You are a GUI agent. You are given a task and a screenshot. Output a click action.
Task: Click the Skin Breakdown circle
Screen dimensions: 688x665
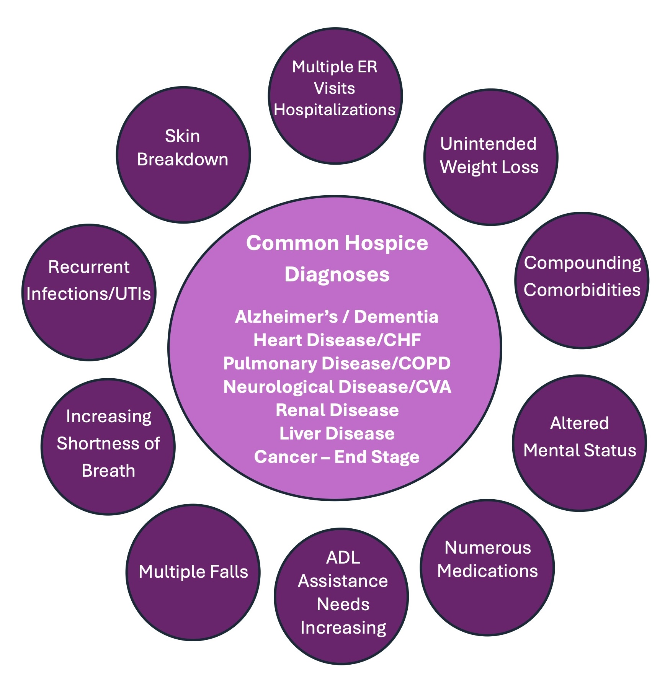tap(183, 155)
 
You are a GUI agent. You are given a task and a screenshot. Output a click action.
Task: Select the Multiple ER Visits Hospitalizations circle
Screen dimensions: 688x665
tap(335, 96)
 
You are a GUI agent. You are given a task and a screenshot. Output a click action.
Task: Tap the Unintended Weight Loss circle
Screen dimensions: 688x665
tap(490, 157)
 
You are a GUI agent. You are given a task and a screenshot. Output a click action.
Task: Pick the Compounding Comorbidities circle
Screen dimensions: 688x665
tap(582, 280)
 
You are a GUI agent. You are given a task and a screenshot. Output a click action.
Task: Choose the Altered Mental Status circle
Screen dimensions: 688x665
tap(579, 443)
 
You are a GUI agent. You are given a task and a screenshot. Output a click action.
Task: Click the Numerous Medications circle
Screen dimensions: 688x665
tap(487, 567)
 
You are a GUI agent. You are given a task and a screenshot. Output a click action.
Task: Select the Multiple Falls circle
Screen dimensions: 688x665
tap(193, 572)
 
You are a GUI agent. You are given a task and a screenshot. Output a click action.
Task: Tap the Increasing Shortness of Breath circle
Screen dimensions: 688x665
tap(108, 446)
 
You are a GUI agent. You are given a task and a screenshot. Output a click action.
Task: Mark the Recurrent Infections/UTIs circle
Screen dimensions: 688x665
tap(89, 292)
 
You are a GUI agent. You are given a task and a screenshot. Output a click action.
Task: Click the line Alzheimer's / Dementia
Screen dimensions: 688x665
tap(337, 317)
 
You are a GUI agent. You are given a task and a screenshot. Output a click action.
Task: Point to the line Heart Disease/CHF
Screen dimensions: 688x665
tap(337, 340)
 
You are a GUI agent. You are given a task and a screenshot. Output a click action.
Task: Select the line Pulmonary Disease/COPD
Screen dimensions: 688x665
tap(337, 363)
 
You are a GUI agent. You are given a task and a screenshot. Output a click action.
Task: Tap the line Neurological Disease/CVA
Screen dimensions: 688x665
tap(337, 387)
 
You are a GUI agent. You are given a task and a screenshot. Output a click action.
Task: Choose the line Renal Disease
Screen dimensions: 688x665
tap(337, 410)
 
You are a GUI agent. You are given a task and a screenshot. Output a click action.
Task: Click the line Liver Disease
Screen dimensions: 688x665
tap(337, 433)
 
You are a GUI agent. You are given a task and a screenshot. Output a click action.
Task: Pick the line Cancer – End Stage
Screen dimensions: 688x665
tap(337, 457)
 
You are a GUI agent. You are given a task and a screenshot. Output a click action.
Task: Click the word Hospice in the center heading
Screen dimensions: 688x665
tap(386, 243)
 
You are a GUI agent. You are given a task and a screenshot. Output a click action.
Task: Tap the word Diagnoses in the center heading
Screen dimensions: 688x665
tap(337, 275)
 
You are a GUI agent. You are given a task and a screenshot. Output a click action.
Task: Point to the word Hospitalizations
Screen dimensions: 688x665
tap(335, 110)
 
